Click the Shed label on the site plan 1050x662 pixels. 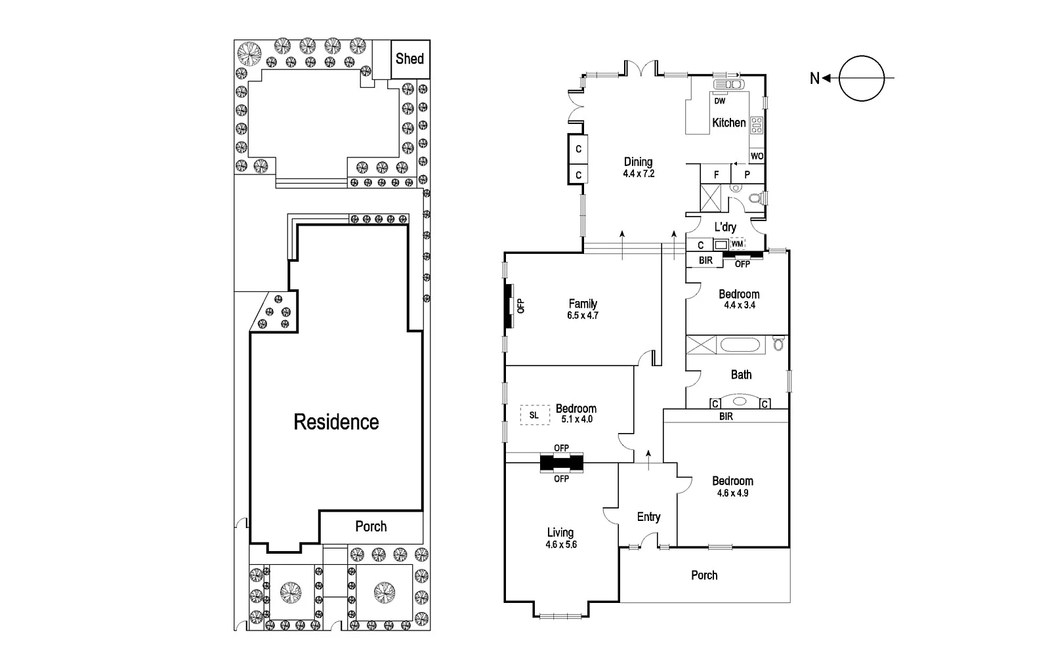tap(409, 59)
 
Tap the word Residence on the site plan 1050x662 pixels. tap(336, 422)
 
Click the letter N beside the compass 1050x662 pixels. tap(814, 79)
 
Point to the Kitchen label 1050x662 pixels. tap(729, 123)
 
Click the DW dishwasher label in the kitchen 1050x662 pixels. tap(720, 101)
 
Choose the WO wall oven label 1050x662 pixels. tap(757, 156)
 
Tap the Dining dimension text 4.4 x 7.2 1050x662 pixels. tap(639, 174)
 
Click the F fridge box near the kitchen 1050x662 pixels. tap(716, 175)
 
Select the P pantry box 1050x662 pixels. tap(747, 175)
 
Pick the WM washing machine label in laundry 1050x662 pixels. tap(738, 244)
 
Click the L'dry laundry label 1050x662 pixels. tap(725, 227)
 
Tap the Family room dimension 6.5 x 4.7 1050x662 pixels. tap(583, 315)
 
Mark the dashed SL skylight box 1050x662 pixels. tap(534, 415)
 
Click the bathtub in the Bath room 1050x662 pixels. tap(741, 344)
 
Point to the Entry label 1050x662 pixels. tap(648, 517)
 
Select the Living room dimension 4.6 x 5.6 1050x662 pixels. tap(560, 544)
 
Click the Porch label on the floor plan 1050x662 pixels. tap(704, 575)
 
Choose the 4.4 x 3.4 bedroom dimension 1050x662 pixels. tap(739, 305)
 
